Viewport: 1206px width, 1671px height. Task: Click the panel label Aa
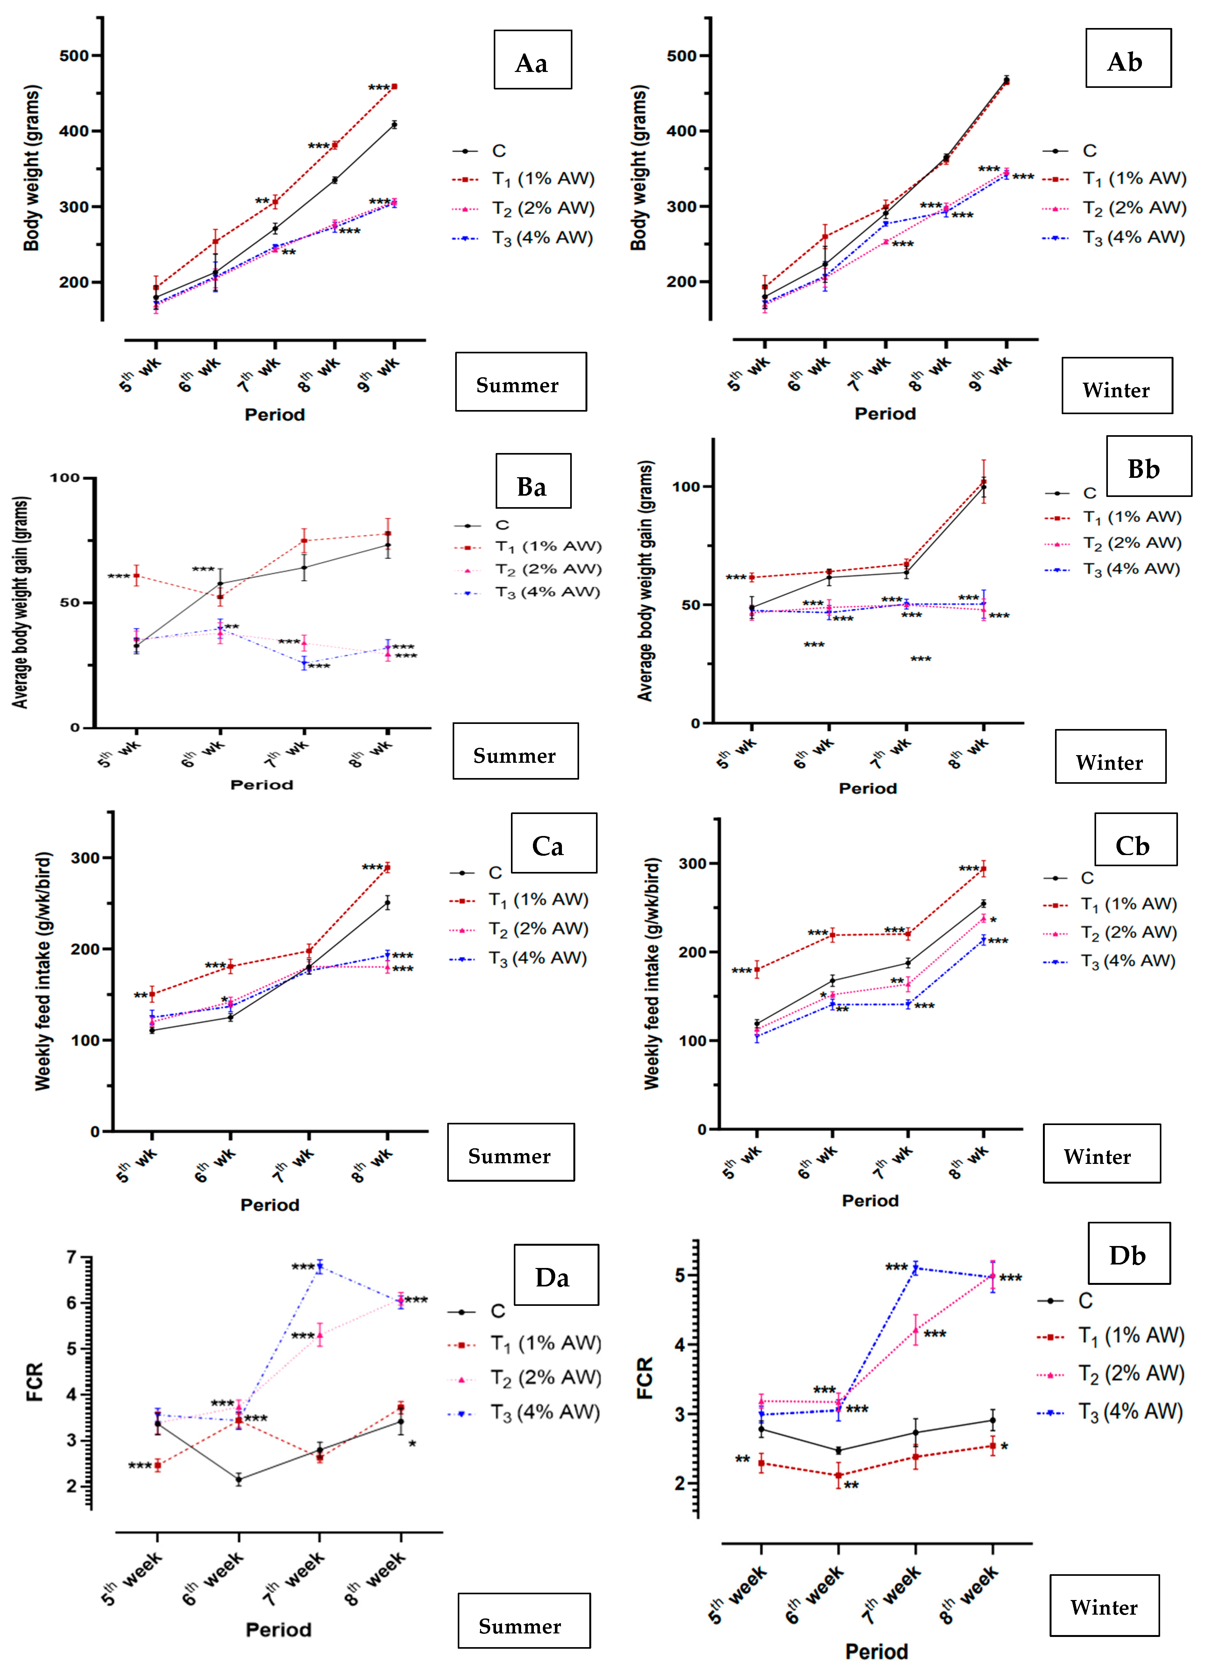coord(532,63)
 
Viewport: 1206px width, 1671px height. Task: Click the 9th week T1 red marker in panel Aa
coord(394,87)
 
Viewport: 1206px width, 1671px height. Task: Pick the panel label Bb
coord(1143,469)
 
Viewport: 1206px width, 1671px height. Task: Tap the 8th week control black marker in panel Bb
coord(983,487)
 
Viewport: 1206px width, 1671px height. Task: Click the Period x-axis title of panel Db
coord(877,1651)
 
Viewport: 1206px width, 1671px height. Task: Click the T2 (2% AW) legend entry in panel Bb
coord(1113,543)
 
